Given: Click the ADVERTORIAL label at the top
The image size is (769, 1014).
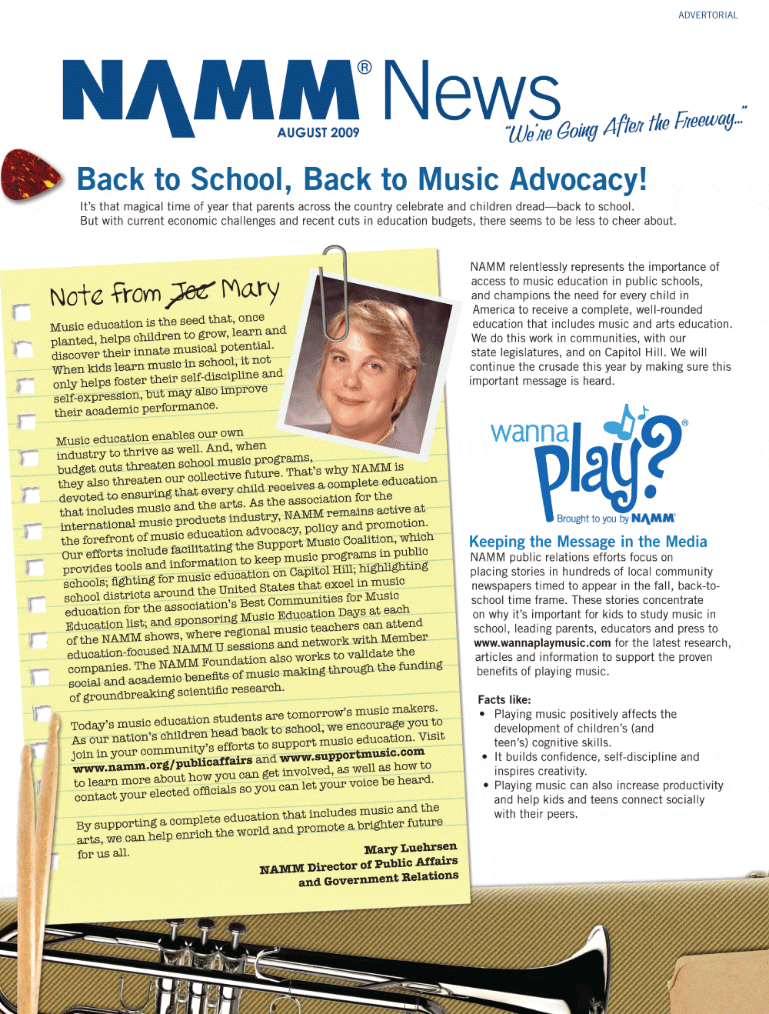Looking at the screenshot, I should [707, 15].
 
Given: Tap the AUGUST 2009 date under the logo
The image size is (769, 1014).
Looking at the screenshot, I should [318, 132].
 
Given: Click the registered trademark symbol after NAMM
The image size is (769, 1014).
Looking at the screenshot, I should [365, 68].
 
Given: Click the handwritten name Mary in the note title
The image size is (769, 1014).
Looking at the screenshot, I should [250, 289].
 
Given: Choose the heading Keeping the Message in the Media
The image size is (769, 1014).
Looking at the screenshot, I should [588, 542].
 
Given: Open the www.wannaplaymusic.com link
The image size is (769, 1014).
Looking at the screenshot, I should [542, 643].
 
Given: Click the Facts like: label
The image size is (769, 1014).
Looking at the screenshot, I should [504, 699].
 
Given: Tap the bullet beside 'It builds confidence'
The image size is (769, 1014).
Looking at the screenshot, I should [485, 757].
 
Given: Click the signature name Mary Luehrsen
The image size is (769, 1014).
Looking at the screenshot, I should [410, 848].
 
